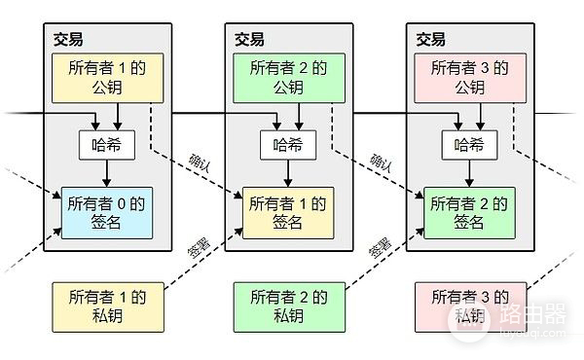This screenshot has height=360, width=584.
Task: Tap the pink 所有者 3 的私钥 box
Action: [464, 306]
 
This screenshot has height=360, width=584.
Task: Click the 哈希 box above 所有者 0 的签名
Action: [105, 146]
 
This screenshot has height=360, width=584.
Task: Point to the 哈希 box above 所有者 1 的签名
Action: [287, 146]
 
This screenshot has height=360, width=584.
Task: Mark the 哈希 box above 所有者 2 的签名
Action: [469, 146]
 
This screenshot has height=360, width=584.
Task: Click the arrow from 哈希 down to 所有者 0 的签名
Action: [105, 173]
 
